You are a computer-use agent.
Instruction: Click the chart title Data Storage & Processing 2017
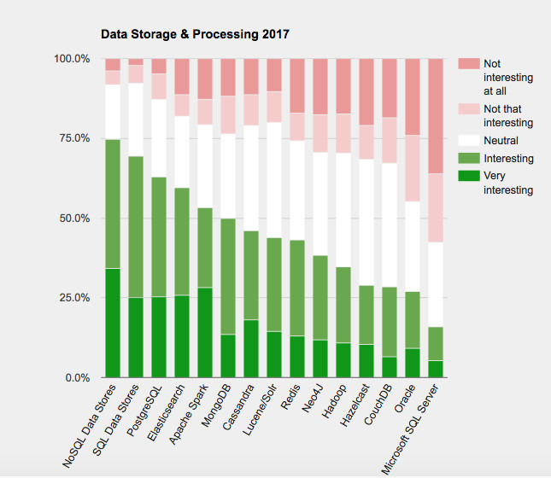pyautogui.click(x=195, y=35)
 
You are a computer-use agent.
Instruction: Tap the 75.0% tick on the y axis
pyautogui.click(x=73, y=138)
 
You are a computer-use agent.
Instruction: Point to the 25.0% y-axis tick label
pyautogui.click(x=73, y=298)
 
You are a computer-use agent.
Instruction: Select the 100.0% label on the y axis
pyautogui.click(x=72, y=59)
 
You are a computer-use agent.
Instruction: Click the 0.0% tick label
pyautogui.click(x=75, y=377)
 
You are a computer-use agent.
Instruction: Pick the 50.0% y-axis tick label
pyautogui.click(x=73, y=219)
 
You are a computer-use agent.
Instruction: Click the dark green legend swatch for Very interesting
pyautogui.click(x=468, y=176)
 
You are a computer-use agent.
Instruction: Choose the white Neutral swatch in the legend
pyautogui.click(x=468, y=141)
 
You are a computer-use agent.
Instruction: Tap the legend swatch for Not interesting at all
pyautogui.click(x=468, y=64)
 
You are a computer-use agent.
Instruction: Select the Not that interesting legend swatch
pyautogui.click(x=468, y=109)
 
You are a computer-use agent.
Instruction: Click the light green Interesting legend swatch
pyautogui.click(x=468, y=159)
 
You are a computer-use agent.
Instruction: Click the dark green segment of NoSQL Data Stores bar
pyautogui.click(x=112, y=323)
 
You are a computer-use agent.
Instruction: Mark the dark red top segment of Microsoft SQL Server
pyautogui.click(x=435, y=115)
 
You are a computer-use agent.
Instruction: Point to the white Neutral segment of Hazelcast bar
pyautogui.click(x=366, y=222)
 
